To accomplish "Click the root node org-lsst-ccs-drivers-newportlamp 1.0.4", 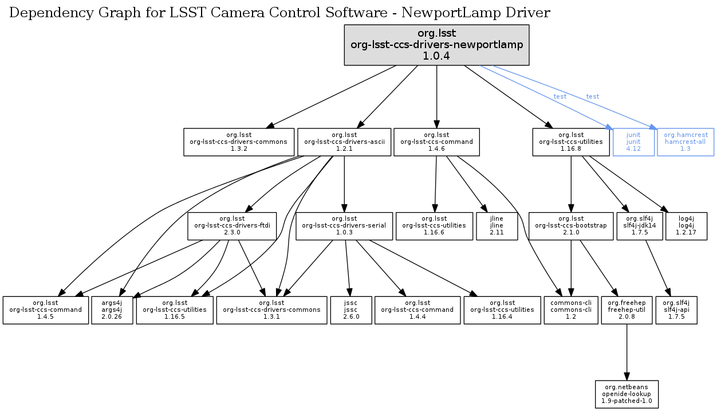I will click(436, 45).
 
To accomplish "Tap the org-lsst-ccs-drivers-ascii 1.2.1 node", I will click(344, 142).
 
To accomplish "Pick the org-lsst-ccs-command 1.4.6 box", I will click(436, 142).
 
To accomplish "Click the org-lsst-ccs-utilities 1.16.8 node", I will click(571, 142).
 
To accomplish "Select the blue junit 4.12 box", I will click(633, 142).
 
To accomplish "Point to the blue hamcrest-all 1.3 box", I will click(686, 142).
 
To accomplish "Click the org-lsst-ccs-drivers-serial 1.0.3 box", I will click(344, 226).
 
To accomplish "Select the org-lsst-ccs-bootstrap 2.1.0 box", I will click(570, 226).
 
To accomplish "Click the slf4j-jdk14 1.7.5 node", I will click(639, 226).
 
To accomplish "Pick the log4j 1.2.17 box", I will click(686, 226).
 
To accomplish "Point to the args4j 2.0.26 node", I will click(112, 310).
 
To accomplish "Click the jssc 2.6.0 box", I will click(351, 310).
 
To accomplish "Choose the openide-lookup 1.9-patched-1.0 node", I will click(627, 394).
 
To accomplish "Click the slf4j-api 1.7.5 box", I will click(676, 310).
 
